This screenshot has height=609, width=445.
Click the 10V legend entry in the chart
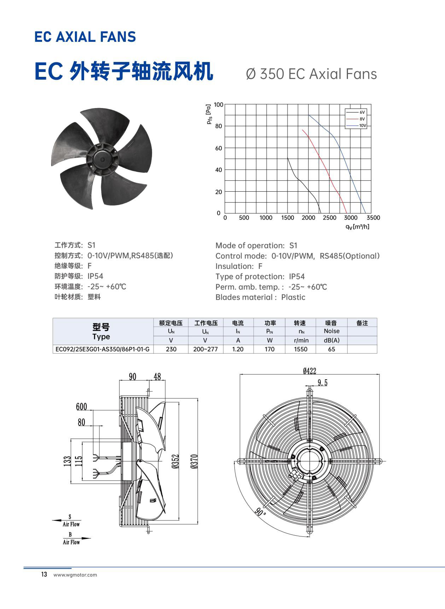click(356, 125)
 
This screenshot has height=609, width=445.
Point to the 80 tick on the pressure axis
click(219, 126)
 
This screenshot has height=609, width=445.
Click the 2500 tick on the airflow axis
click(329, 218)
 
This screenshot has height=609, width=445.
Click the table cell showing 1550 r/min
click(301, 349)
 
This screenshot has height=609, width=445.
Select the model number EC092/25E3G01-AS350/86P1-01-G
click(102, 349)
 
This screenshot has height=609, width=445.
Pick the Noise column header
click(332, 331)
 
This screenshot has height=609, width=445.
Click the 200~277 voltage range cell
click(205, 349)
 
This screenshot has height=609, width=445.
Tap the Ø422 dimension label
click(310, 371)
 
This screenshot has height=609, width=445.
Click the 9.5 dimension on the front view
click(322, 383)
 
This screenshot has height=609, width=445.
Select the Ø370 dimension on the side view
click(194, 461)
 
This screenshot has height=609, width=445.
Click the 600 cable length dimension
click(81, 407)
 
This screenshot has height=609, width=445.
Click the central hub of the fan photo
click(102, 159)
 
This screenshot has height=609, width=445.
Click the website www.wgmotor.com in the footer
click(75, 575)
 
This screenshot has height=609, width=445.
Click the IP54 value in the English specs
click(297, 277)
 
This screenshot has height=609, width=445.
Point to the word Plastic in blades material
click(293, 297)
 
